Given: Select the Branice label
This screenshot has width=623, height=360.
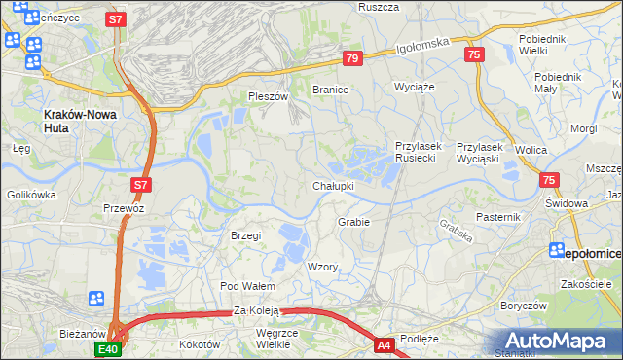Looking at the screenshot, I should point(330,89).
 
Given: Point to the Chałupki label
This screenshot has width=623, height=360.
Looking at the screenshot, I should point(333,185).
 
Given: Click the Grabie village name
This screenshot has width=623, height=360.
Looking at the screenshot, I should point(353,222).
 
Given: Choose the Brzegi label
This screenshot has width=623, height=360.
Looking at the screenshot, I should point(246,235).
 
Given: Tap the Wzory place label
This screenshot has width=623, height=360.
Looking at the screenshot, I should point(322,267).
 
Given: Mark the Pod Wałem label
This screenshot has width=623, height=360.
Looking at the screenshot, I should point(247,286).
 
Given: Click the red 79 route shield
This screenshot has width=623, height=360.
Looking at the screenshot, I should point(352,59).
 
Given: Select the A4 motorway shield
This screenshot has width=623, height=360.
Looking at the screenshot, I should point(385,343).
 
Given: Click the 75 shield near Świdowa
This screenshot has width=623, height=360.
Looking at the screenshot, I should point(550,180).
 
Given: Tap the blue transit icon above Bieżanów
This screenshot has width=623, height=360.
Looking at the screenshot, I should point(96,299).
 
